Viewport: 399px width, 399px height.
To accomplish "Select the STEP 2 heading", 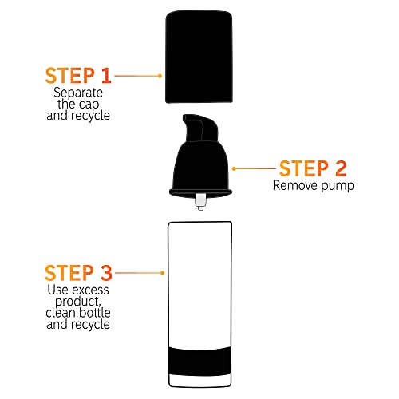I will [314, 168].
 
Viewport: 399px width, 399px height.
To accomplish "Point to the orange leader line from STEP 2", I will [251, 169].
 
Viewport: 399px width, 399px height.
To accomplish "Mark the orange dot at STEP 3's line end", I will [163, 272].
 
